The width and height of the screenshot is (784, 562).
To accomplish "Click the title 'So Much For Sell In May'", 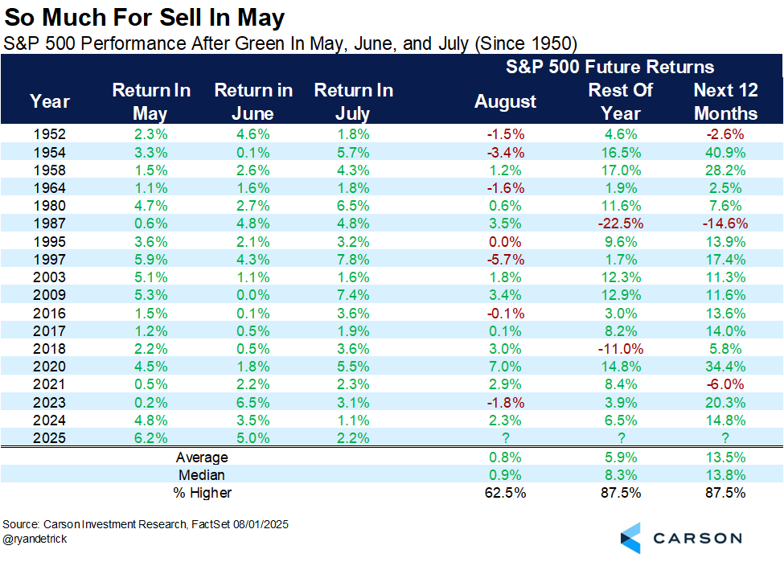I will [x=144, y=16].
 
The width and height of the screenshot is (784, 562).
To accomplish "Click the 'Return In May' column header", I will [x=151, y=101].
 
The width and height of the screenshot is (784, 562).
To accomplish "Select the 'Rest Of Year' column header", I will [x=621, y=101].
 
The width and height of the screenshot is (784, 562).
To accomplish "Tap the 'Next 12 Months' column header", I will [x=725, y=101].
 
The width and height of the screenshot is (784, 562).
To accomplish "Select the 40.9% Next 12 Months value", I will [x=725, y=151].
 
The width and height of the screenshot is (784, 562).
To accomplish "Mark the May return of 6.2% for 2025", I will [x=151, y=438].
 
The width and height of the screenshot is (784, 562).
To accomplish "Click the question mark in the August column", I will [x=505, y=438].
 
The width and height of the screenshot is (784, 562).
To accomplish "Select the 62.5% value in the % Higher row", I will [x=505, y=492].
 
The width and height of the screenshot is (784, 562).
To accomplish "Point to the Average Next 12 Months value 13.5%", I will [x=725, y=457].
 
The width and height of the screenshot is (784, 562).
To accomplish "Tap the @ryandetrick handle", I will [x=35, y=538].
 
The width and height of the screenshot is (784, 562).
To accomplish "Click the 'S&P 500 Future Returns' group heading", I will [x=610, y=67].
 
